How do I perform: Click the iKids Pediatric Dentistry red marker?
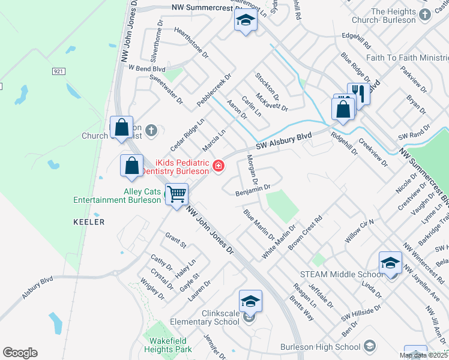[x=218, y=166]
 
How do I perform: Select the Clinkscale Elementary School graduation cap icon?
[x=250, y=301]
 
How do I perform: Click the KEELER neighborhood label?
[x=89, y=222]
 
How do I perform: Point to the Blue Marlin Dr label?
[x=259, y=224]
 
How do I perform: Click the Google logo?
[x=20, y=352]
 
